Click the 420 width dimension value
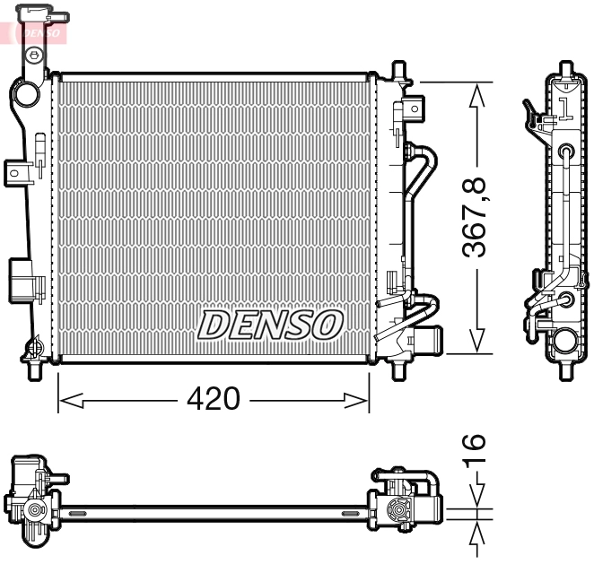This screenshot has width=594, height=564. [214, 399]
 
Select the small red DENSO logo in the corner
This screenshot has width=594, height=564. [36, 32]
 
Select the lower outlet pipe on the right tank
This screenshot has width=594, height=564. [425, 341]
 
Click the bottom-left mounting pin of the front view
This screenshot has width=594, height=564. [37, 369]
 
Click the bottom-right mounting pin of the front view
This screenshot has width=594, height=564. [397, 369]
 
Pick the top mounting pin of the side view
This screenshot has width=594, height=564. [564, 69]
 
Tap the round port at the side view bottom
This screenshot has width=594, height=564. [564, 342]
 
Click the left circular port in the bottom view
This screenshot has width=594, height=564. [35, 513]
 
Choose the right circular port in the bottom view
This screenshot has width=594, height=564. [396, 513]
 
